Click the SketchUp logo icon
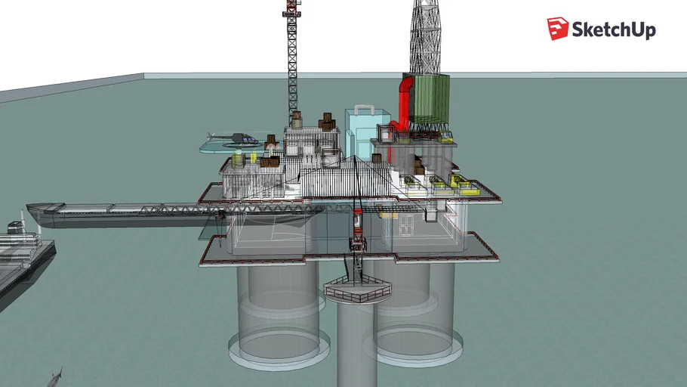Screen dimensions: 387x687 (x=558, y=29)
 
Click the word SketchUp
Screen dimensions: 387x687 (x=613, y=29)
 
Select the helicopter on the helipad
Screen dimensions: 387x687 (x=241, y=138)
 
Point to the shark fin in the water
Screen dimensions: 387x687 (x=56, y=376)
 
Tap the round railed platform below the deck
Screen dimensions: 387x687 (x=358, y=289)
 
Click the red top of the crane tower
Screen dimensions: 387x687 (x=291, y=11)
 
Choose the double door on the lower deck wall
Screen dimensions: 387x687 (x=408, y=223)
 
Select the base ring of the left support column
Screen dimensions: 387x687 (x=279, y=348)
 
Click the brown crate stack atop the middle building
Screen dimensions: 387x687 (x=327, y=122)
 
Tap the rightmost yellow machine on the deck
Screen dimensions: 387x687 (x=468, y=190)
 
